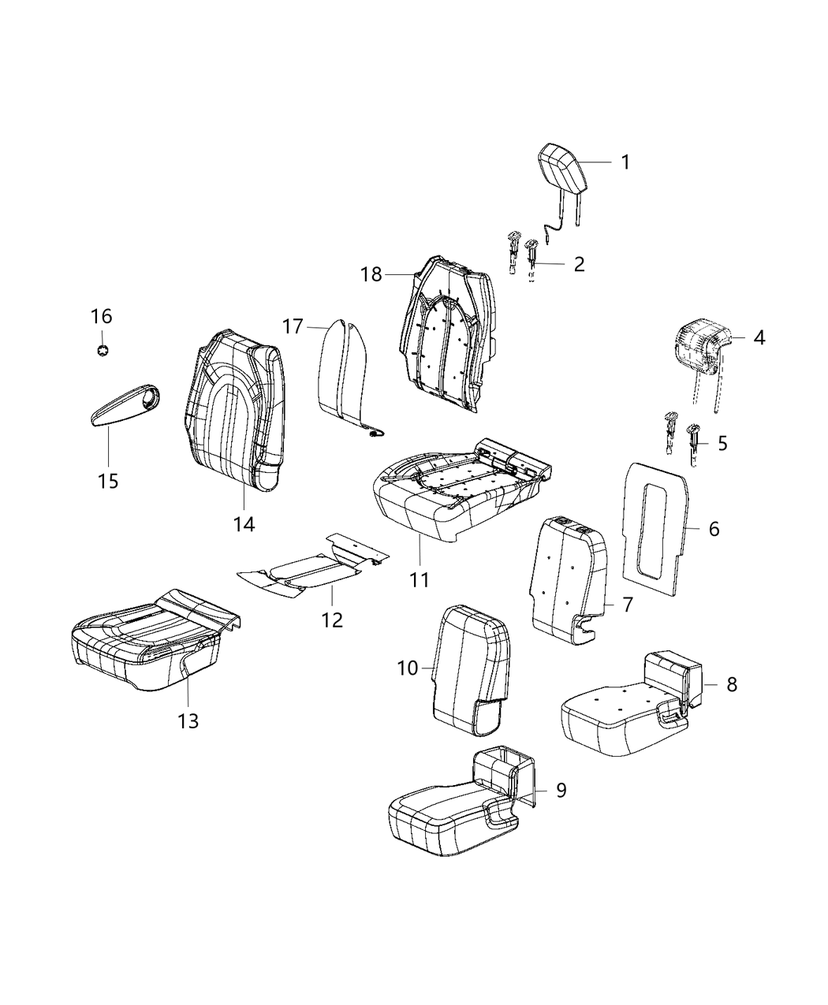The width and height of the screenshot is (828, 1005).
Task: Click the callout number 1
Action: [625, 162]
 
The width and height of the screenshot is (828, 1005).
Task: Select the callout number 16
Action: [102, 317]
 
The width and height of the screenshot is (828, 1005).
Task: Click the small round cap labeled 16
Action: [102, 349]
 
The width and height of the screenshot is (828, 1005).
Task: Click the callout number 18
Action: [371, 274]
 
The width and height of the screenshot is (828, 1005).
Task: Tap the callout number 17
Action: [293, 326]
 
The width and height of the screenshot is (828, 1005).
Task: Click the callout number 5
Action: [722, 443]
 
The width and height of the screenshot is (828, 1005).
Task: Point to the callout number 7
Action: [627, 605]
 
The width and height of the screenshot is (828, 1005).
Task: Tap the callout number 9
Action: [561, 790]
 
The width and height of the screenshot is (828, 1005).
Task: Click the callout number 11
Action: [419, 580]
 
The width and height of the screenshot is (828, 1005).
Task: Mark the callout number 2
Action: [579, 264]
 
